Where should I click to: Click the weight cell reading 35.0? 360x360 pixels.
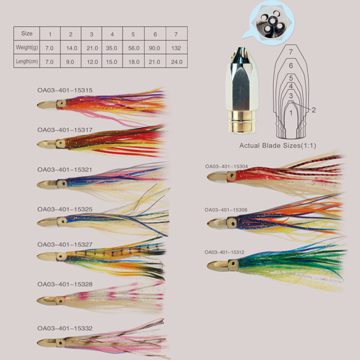[112, 48]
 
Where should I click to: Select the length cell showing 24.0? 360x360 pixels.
[177, 62]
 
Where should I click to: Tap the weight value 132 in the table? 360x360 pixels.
[176, 48]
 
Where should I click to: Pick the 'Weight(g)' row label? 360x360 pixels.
[27, 48]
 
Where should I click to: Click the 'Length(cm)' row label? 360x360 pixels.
[27, 62]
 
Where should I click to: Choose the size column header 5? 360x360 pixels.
[133, 34]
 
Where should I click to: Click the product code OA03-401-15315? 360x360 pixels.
[65, 90]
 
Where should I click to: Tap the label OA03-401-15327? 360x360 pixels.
[65, 244]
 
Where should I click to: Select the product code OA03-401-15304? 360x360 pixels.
[227, 166]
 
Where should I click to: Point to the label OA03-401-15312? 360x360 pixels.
[224, 252]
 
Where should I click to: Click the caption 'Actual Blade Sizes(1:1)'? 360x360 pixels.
[277, 145]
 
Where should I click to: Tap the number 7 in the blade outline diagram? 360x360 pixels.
[291, 52]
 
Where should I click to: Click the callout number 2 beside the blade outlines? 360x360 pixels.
[314, 110]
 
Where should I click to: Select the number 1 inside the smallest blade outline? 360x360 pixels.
[291, 112]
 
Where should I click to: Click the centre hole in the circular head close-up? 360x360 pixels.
[272, 21]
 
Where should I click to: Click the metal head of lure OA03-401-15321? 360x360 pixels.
[48, 185]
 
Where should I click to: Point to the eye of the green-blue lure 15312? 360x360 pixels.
[233, 263]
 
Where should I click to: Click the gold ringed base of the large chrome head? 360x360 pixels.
[242, 121]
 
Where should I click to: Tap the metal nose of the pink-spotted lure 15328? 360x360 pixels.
[47, 301]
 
